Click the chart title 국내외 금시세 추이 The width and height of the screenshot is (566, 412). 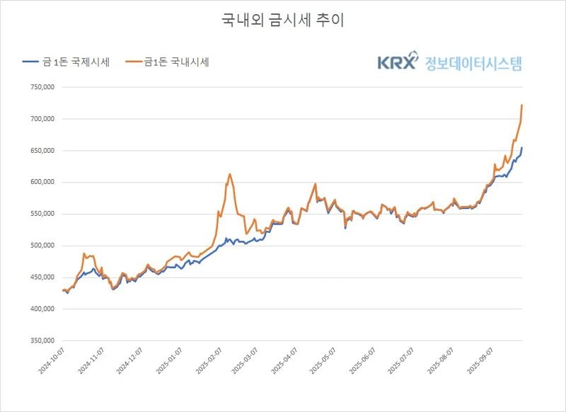tap(283, 21)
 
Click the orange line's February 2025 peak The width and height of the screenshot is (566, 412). tap(230, 173)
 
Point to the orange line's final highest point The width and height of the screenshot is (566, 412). tap(521, 105)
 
